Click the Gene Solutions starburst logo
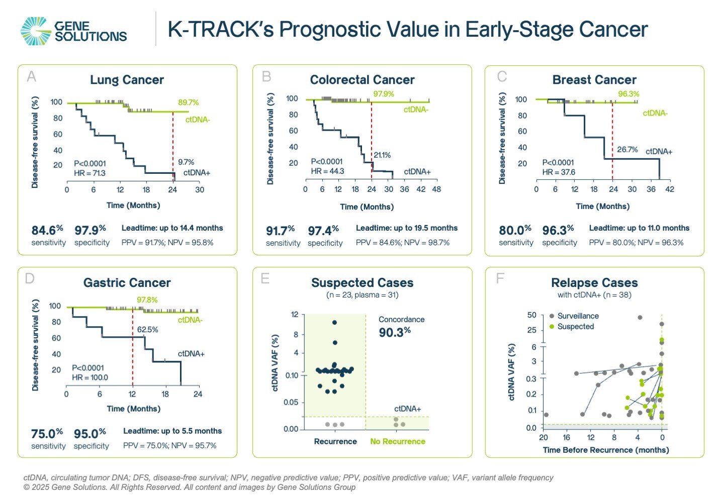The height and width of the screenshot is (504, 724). point(36,31)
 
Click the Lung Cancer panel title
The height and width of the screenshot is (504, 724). point(127,80)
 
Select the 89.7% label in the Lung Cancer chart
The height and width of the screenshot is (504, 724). point(188,103)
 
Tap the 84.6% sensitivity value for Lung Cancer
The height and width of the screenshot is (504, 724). point(47,230)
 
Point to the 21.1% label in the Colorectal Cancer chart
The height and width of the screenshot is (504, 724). point(382,155)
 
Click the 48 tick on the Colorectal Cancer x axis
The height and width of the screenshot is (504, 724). point(436,189)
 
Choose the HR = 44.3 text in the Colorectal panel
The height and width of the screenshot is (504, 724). point(327,171)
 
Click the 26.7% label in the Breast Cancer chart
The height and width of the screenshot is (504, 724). point(627,150)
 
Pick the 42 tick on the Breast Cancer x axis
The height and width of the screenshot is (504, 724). point(670,189)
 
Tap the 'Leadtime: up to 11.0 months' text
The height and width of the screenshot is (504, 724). point(639,228)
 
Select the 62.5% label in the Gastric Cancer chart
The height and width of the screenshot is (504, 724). point(148,330)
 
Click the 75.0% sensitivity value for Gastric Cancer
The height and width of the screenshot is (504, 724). point(47,434)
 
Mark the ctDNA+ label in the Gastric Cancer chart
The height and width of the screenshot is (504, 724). point(191,354)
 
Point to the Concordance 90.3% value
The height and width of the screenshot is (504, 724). point(395,332)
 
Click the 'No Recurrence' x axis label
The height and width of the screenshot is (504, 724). point(398,442)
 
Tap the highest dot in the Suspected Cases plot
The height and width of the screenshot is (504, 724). point(335,323)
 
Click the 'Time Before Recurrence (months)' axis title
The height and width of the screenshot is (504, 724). point(606,450)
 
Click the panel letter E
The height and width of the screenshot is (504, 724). point(265,278)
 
